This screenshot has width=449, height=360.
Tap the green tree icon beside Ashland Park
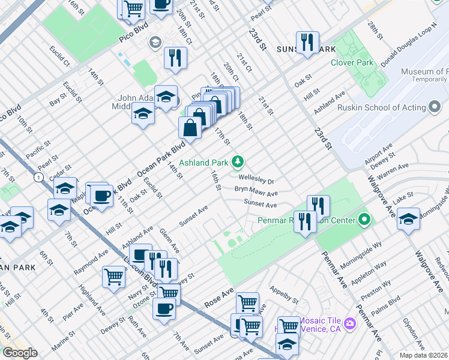(x=238, y=161)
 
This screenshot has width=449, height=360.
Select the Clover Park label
(x=352, y=62)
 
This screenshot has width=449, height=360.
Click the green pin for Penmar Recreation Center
(x=364, y=220)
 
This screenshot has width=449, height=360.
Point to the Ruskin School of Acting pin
(x=434, y=108)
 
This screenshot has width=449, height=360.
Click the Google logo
(x=19, y=353)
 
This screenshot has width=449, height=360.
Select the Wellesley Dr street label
(x=256, y=180)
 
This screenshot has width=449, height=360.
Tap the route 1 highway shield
(x=39, y=177)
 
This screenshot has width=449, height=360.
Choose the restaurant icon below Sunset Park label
(x=307, y=41)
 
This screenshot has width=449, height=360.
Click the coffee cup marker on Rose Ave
(x=164, y=309)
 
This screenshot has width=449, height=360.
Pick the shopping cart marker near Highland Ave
(x=113, y=277)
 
